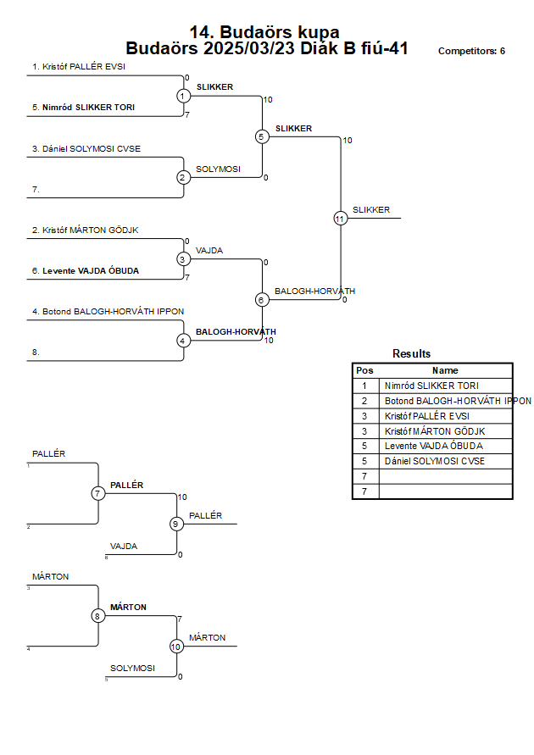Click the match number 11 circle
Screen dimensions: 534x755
coord(341,219)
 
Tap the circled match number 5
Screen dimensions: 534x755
coord(262,136)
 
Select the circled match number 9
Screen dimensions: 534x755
coord(176,524)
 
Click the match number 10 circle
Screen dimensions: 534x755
coord(176,647)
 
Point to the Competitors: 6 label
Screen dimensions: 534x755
coord(471,51)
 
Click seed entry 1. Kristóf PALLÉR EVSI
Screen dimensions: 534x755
coord(79,66)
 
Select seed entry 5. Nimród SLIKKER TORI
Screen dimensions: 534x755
coord(83,108)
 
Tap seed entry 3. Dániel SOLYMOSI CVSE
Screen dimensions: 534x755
coord(86,149)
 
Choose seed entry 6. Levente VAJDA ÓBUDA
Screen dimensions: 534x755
coord(86,270)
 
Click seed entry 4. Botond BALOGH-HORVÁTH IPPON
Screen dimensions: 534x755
coord(108,312)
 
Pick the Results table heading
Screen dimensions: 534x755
coord(411,354)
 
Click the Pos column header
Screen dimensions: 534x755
coord(364,370)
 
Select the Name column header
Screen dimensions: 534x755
coord(445,370)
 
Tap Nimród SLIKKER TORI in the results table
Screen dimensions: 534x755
coord(431,386)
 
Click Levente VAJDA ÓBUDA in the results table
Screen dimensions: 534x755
coord(433,446)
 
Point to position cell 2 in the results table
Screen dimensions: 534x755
coord(364,401)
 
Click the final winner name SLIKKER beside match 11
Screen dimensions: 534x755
coord(371,210)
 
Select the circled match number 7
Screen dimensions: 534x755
coord(97,493)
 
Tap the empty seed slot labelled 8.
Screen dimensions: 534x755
coord(36,353)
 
